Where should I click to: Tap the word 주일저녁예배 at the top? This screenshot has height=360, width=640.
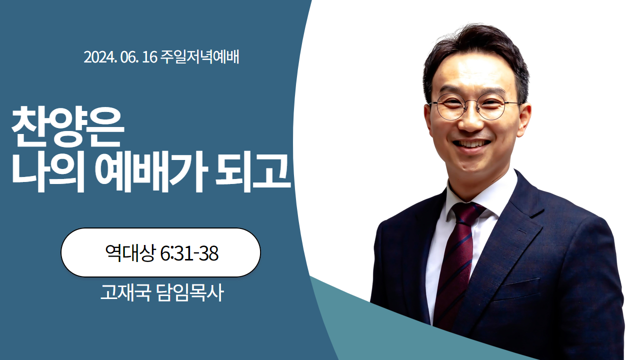[199, 57]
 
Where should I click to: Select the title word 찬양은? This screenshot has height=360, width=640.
[67, 127]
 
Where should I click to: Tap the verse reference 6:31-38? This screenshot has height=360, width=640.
[189, 253]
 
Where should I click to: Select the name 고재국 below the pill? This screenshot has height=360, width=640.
[125, 292]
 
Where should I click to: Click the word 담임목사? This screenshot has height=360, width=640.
[190, 292]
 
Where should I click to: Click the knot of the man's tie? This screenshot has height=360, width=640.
[468, 213]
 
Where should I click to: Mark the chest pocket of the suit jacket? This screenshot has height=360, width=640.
[516, 287]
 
